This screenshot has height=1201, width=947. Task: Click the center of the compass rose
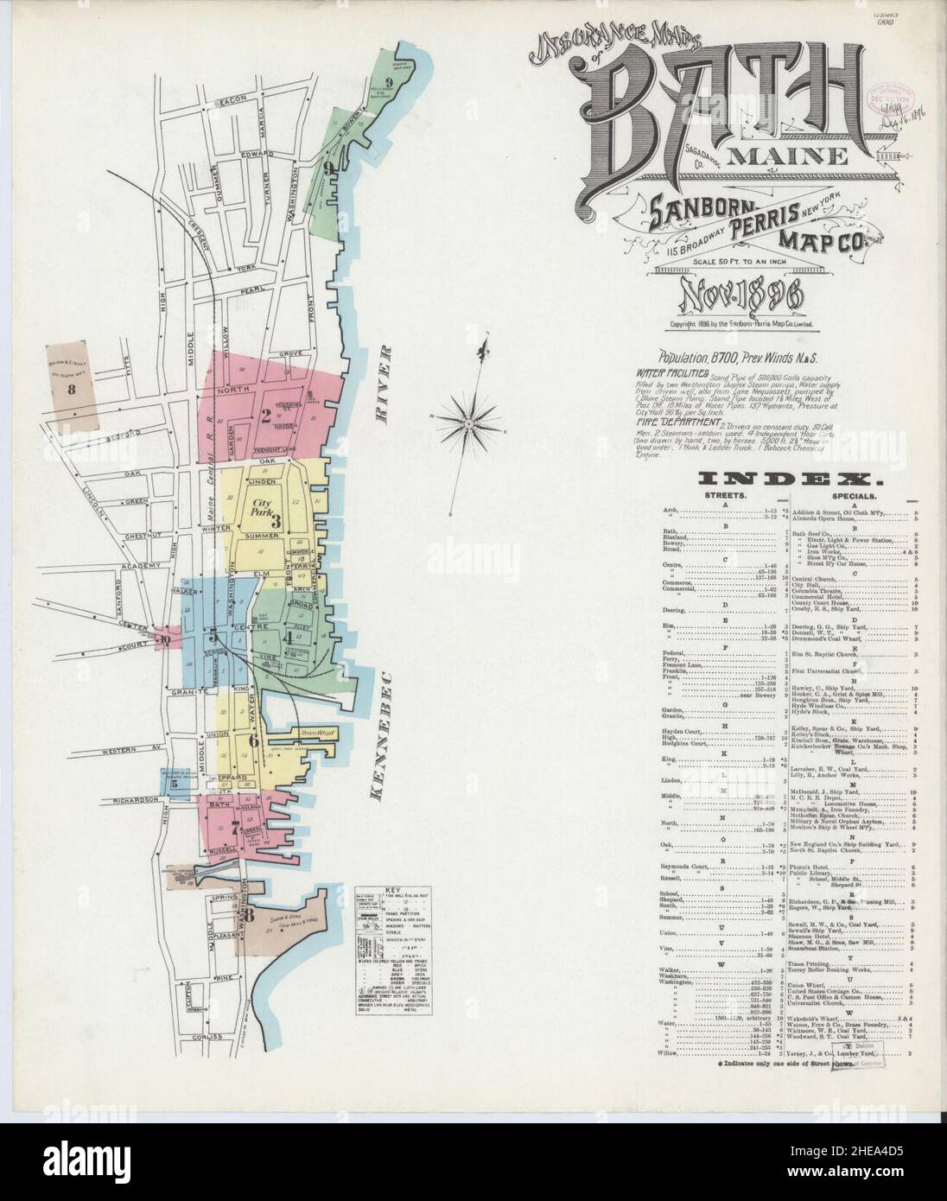[x=467, y=422]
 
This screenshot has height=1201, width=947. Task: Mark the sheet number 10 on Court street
[x=164, y=639]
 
